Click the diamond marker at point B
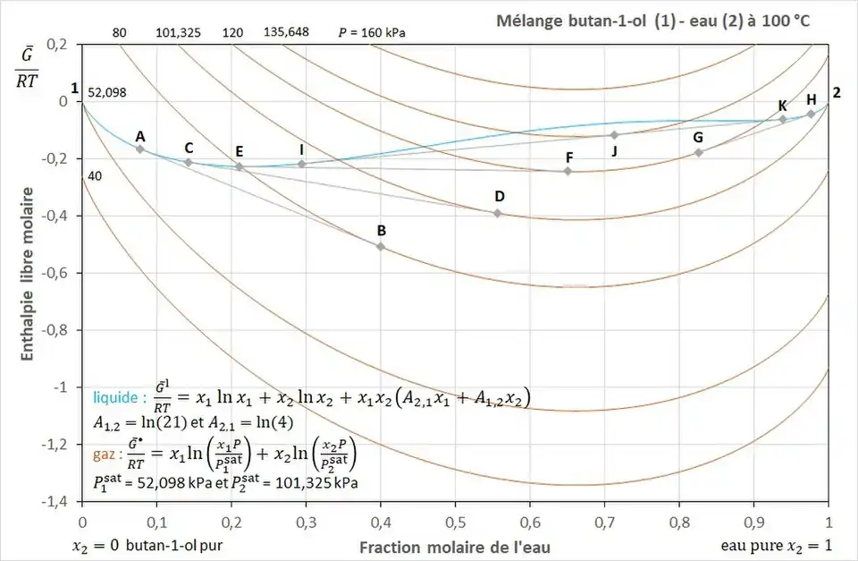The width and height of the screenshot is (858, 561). [x=381, y=246]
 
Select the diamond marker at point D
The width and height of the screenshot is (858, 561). [x=497, y=213]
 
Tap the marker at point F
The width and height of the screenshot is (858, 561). [x=568, y=171]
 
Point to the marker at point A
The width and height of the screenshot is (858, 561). [x=139, y=149]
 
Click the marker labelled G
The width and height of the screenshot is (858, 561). [x=699, y=152]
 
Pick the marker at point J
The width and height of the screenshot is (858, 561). [x=614, y=134]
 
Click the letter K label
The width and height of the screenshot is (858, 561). [x=783, y=105]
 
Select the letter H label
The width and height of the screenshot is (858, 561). [x=812, y=99]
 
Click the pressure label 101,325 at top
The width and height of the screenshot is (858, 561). [x=179, y=32]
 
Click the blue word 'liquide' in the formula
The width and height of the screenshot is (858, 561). [x=114, y=396]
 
